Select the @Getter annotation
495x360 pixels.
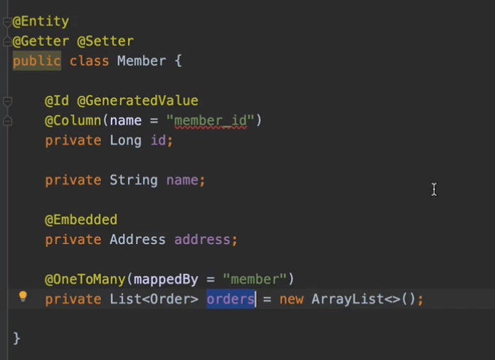(x=40, y=41)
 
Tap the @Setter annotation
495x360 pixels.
(x=105, y=41)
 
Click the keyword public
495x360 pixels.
(x=36, y=61)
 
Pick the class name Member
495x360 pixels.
(x=142, y=61)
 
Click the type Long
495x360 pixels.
(x=125, y=140)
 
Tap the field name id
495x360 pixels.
(x=159, y=140)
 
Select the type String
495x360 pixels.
(x=133, y=180)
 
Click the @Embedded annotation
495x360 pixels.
(x=81, y=220)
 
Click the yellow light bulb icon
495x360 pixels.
(x=23, y=297)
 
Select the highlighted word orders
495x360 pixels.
(x=230, y=300)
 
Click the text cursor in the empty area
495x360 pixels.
(x=434, y=189)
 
